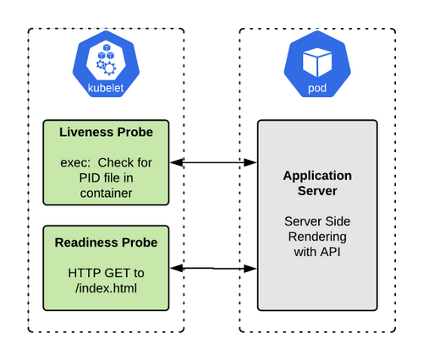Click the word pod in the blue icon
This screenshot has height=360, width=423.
317,87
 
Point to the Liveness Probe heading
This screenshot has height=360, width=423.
106,133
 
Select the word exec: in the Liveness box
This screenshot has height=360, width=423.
77,162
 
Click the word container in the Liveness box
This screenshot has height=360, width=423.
106,193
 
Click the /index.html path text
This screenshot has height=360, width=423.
106,288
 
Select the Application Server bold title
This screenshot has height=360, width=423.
317,183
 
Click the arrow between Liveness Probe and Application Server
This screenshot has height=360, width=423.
213,162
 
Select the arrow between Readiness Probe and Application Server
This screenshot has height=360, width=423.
213,269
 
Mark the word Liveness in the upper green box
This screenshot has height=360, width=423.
82,133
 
